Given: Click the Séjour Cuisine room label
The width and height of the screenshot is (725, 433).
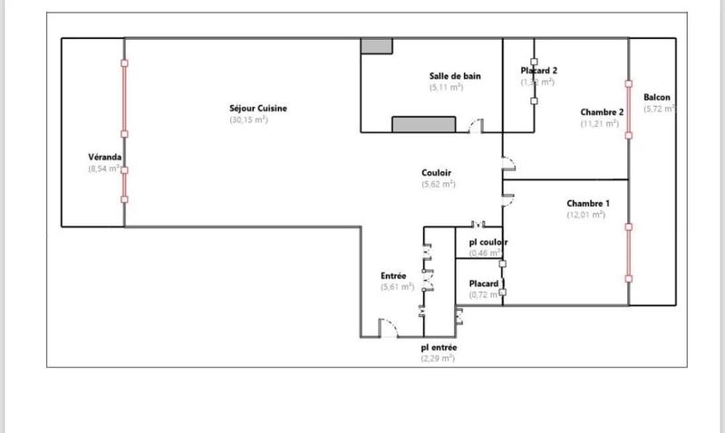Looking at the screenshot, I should click(x=258, y=109).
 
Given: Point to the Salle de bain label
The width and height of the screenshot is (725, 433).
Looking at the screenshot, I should click(x=455, y=76).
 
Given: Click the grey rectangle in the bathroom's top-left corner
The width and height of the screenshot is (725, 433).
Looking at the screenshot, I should click(x=373, y=46).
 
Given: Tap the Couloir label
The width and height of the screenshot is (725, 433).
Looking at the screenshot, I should click(x=437, y=172).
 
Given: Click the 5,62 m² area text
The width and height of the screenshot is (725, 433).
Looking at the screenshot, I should click(x=438, y=184).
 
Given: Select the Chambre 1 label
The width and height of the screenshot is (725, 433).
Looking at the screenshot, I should click(x=588, y=203).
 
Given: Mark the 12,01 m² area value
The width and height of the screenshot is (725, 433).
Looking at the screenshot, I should click(x=585, y=215).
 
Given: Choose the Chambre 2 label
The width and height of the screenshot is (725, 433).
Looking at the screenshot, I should click(x=602, y=112).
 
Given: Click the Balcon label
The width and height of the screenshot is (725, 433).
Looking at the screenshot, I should click(x=657, y=97).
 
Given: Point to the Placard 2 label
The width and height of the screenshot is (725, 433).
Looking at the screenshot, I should click(x=539, y=70).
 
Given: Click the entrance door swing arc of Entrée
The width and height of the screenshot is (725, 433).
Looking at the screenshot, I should click(x=387, y=325).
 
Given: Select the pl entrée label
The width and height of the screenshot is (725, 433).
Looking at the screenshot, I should click(x=440, y=347).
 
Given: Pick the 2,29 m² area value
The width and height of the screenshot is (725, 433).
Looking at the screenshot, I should click(x=437, y=359).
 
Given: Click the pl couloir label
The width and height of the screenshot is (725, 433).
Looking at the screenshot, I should click(x=488, y=242).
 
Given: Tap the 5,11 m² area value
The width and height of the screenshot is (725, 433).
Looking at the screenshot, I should click(x=446, y=88).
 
